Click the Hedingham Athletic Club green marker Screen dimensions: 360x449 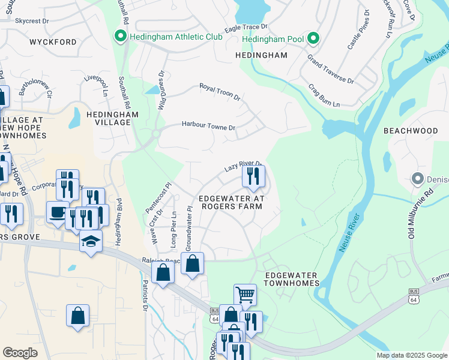(x=119, y=37)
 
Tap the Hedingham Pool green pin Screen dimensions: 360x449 (x=312, y=38)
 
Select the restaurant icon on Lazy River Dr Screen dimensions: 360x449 (x=253, y=175)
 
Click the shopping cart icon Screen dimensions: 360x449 (x=245, y=295)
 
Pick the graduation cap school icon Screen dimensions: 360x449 (x=91, y=241)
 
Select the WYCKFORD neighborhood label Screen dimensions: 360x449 (x=53, y=43)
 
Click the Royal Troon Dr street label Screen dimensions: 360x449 (x=220, y=92)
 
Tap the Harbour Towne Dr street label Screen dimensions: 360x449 (x=208, y=126)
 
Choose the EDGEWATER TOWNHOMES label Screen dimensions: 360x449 (x=291, y=279)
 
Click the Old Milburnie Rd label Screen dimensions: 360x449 (x=420, y=214)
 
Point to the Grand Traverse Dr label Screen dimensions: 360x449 (x=330, y=68)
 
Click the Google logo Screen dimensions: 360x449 (x=20, y=352)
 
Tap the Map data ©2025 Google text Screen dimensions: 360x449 (x=411, y=355)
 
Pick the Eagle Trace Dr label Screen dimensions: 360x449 (x=246, y=28)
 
